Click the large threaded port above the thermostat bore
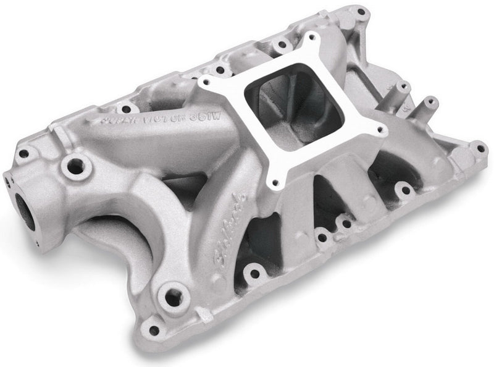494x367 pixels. pyautogui.click(x=76, y=166)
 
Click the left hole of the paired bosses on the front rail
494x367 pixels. pyautogui.click(x=321, y=237)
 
